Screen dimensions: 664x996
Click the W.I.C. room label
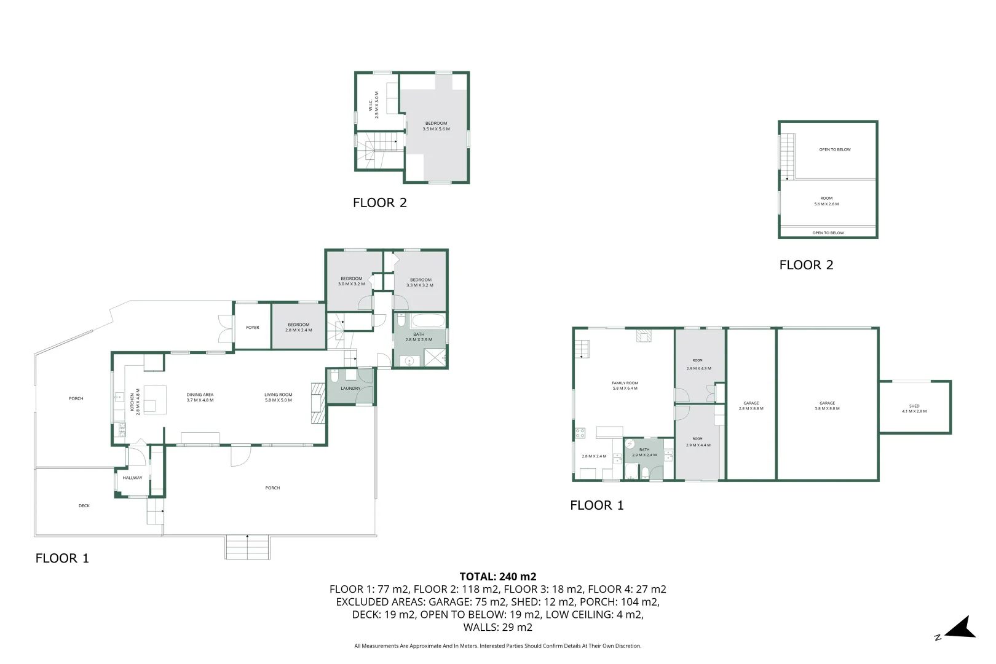pyautogui.click(x=374, y=105)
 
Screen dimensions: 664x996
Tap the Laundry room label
pyautogui.click(x=350, y=389)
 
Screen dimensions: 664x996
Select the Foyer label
pyautogui.click(x=253, y=328)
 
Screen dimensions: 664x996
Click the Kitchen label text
pyautogui.click(x=135, y=403)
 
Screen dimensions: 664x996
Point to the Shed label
pyautogui.click(x=914, y=408)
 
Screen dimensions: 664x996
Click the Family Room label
pyautogui.click(x=625, y=385)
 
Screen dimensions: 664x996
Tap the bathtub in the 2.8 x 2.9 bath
pyautogui.click(x=428, y=321)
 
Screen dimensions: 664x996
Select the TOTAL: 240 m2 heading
pyautogui.click(x=498, y=577)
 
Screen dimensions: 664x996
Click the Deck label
pyautogui.click(x=84, y=506)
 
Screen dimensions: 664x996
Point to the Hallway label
pyautogui.click(x=132, y=478)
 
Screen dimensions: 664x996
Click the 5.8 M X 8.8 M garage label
pyautogui.click(x=827, y=406)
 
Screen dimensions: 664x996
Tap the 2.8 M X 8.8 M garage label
pyautogui.click(x=751, y=406)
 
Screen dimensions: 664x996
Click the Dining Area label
pyautogui.click(x=200, y=397)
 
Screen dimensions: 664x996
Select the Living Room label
pyautogui.click(x=278, y=397)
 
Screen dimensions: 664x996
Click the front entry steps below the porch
pyautogui.click(x=247, y=547)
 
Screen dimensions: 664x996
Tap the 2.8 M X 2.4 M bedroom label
pyautogui.click(x=298, y=327)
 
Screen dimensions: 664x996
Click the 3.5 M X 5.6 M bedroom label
pyautogui.click(x=436, y=126)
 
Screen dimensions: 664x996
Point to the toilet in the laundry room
pyautogui.click(x=335, y=375)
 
